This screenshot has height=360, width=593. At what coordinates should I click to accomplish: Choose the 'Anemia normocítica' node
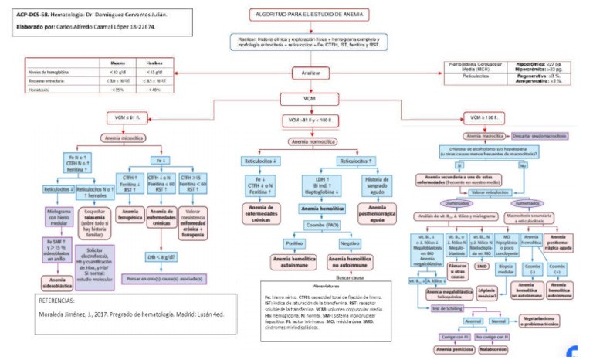click(313, 141)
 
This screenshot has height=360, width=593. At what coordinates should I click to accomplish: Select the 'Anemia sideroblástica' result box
click(57, 282)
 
